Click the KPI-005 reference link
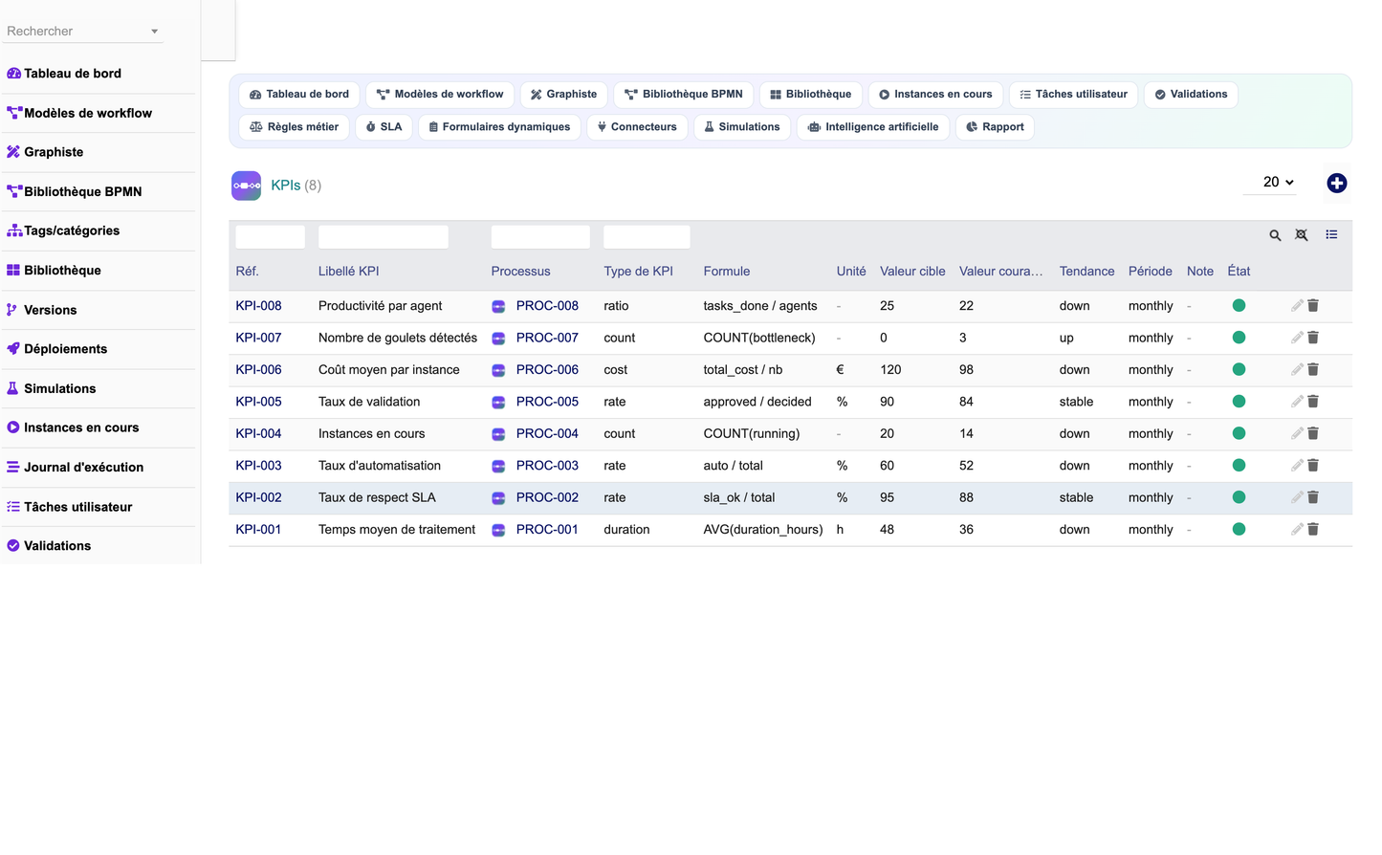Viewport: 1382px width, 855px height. click(x=258, y=402)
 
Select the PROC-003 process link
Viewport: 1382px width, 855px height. click(x=547, y=466)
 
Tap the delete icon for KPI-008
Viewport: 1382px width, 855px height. click(x=1313, y=305)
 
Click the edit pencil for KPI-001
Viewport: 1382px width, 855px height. click(x=1297, y=529)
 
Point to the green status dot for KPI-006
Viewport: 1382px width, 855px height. click(x=1239, y=369)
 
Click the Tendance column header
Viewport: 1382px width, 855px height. click(x=1086, y=272)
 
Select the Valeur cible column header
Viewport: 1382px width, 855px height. click(x=912, y=272)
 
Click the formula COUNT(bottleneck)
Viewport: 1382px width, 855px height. click(x=758, y=338)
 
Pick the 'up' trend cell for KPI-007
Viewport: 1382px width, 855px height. click(x=1066, y=338)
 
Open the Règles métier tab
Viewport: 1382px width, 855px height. click(x=294, y=127)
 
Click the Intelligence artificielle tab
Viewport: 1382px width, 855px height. click(x=872, y=127)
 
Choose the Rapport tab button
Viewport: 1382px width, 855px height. click(x=995, y=127)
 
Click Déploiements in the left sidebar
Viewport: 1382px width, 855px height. click(x=65, y=349)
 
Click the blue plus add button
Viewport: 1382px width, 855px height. click(x=1336, y=184)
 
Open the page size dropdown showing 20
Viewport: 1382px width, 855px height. click(x=1277, y=183)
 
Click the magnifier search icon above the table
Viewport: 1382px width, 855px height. click(x=1275, y=235)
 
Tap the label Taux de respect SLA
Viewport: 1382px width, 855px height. click(x=377, y=498)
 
